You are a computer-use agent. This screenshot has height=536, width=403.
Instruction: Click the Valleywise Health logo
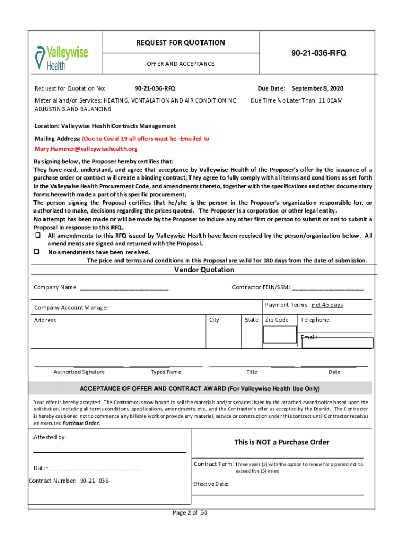61,57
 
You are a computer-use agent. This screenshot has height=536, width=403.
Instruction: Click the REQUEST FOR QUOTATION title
180,43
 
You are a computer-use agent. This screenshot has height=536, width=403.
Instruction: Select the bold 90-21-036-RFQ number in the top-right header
318,53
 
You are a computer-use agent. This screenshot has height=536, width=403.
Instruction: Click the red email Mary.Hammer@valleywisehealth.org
86,149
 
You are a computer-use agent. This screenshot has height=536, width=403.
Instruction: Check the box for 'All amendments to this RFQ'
38,236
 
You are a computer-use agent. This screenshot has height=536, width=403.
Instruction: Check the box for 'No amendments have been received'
38,251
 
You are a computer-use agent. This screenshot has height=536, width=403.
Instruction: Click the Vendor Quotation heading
204,270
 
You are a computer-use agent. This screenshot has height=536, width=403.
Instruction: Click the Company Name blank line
124,288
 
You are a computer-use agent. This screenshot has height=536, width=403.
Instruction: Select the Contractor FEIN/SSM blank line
327,288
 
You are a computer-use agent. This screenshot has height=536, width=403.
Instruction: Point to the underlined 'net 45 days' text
327,305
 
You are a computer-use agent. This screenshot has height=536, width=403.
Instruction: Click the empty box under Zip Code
280,334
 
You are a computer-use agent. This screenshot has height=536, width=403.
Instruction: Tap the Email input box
338,343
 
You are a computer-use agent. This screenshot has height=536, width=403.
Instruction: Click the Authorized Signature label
79,372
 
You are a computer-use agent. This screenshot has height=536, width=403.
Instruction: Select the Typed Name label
166,372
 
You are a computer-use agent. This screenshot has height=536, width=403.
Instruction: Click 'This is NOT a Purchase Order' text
282,442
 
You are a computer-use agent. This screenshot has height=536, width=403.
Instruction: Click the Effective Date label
210,484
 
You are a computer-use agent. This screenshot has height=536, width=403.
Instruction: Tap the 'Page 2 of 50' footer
191,513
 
